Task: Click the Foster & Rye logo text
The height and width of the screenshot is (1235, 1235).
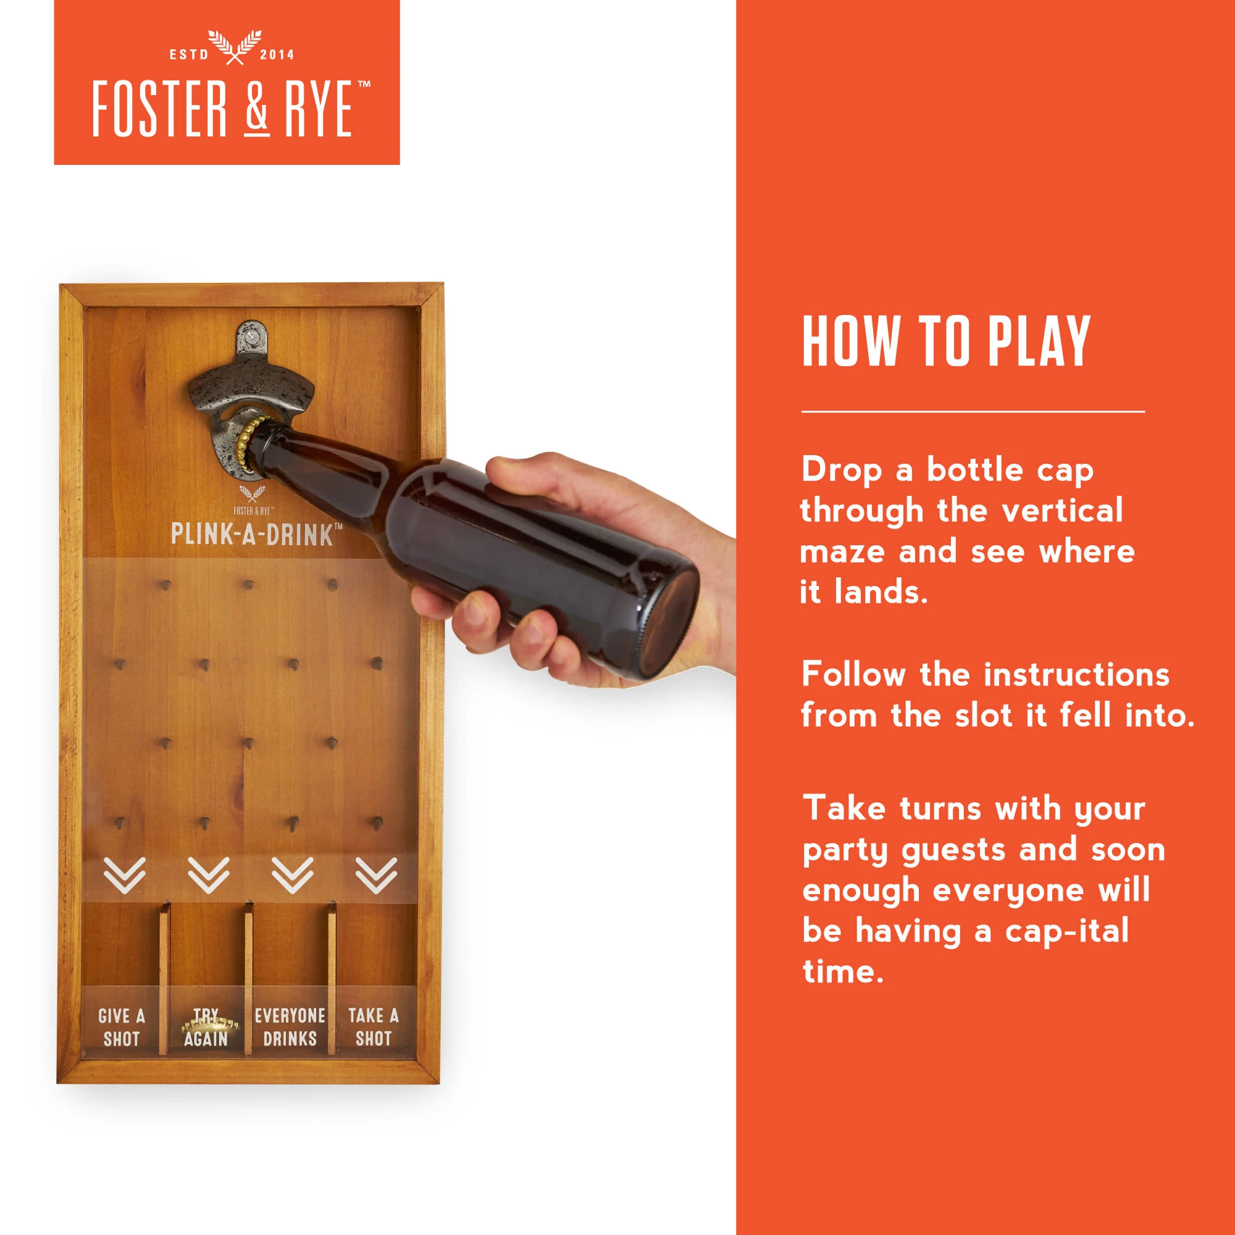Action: click(231, 109)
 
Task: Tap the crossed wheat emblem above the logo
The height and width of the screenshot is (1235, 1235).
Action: click(235, 48)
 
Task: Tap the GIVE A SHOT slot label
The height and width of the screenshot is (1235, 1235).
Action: click(122, 1028)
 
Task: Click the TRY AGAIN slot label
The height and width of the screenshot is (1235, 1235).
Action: click(206, 1028)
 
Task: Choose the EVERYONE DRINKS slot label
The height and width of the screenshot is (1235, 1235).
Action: click(290, 1028)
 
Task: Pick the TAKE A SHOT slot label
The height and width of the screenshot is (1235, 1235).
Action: click(374, 1028)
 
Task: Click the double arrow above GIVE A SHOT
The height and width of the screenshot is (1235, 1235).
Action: click(125, 875)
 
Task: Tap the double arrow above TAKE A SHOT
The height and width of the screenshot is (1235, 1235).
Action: click(377, 875)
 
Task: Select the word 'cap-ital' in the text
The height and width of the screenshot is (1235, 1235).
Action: click(1067, 931)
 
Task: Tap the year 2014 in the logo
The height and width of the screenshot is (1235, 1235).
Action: click(277, 55)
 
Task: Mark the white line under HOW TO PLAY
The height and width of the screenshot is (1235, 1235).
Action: click(973, 412)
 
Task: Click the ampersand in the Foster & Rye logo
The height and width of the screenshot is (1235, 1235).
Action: click(256, 109)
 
